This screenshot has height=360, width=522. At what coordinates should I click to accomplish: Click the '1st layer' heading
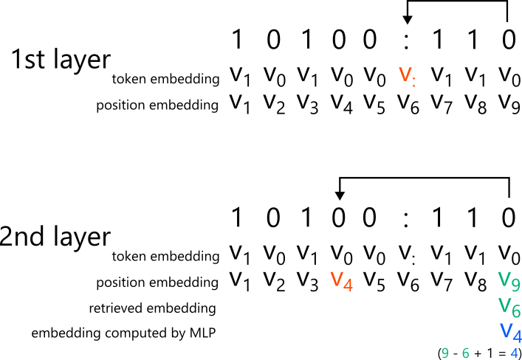[x=61, y=60]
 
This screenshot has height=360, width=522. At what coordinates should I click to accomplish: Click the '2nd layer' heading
[x=56, y=237]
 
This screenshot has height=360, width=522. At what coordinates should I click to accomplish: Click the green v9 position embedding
[x=509, y=280]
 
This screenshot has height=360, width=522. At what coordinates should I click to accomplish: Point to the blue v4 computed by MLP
[x=509, y=330]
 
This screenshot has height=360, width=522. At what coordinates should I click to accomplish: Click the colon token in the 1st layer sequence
[x=405, y=40]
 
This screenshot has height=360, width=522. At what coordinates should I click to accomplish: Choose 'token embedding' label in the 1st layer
[x=165, y=78]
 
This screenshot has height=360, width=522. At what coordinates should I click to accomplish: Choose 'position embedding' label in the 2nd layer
[x=158, y=281]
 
